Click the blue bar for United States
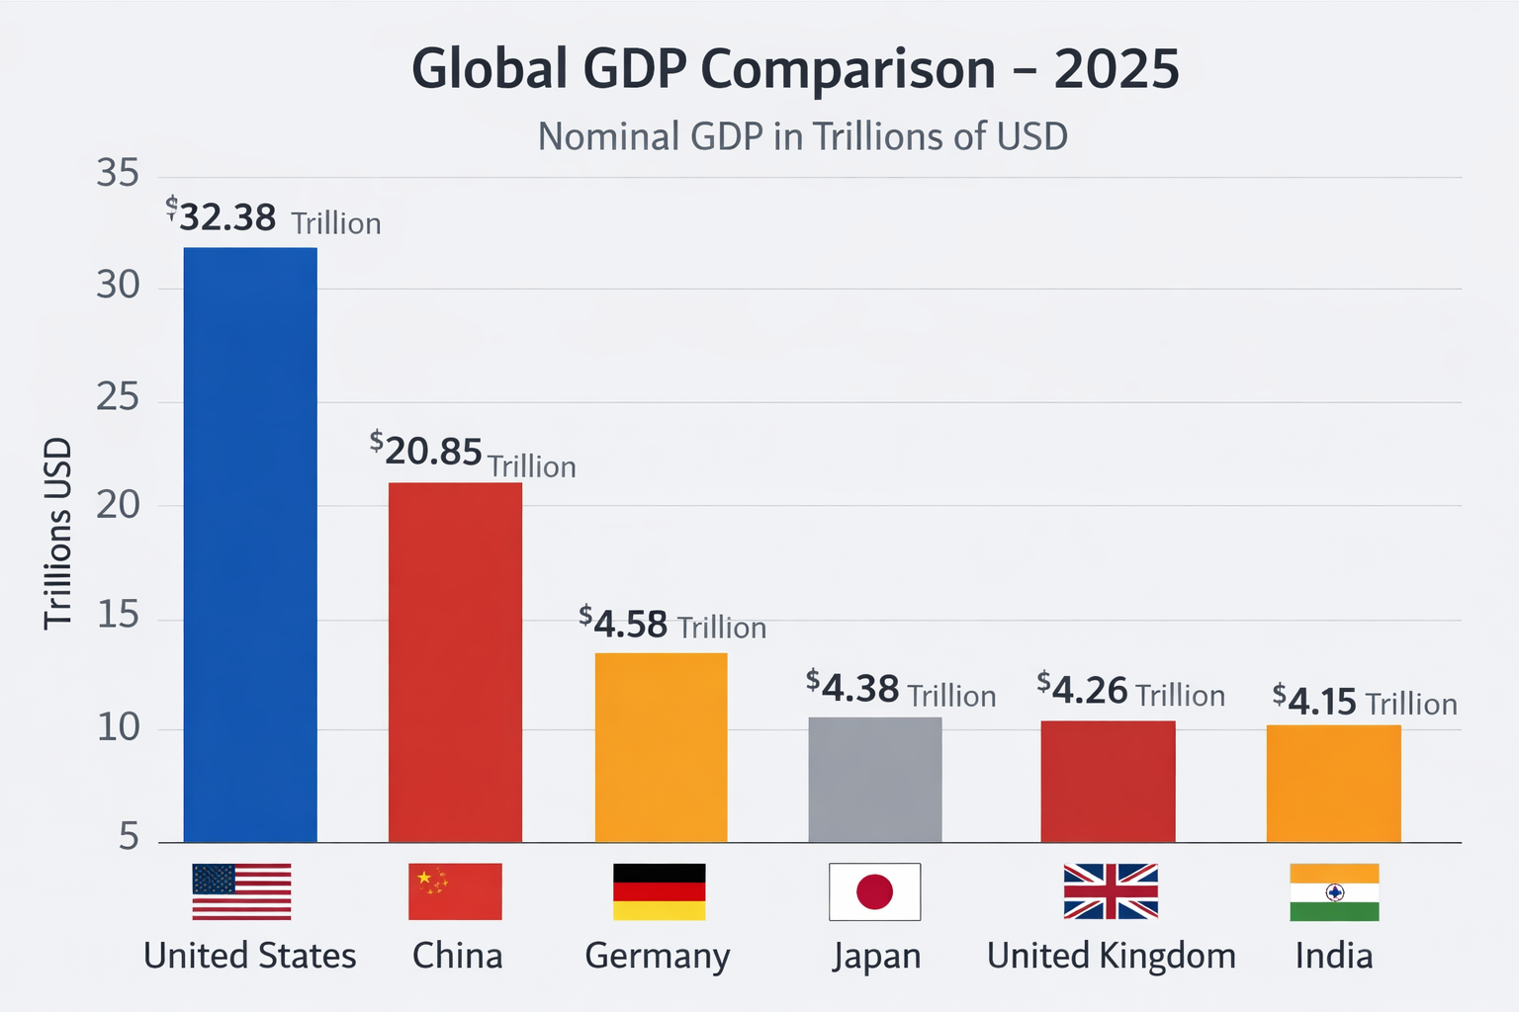click(250, 545)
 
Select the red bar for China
click(455, 662)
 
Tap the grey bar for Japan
click(875, 780)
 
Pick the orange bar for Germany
click(661, 747)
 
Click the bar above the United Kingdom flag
click(1108, 782)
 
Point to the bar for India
click(1333, 784)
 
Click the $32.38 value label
click(226, 217)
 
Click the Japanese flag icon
click(874, 891)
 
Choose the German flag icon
click(660, 891)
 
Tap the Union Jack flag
click(1111, 891)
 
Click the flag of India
click(1334, 891)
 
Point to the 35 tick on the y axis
click(118, 174)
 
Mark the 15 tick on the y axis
click(118, 616)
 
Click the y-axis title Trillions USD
click(58, 534)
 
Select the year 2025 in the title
click(1117, 69)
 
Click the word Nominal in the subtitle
click(608, 136)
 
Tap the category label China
click(457, 956)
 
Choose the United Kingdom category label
click(1112, 956)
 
